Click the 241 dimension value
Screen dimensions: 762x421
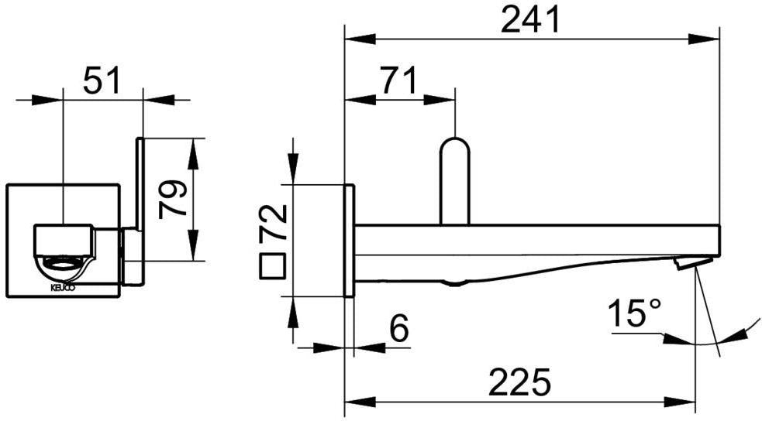click(531, 20)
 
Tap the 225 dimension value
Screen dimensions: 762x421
click(519, 382)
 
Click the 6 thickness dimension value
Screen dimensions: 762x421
click(399, 328)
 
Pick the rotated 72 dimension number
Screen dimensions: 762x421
click(273, 223)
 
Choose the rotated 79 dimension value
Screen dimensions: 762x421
click(173, 200)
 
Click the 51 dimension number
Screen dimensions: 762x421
click(101, 80)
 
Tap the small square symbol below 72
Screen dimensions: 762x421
click(273, 265)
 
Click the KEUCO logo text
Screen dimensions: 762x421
click(63, 288)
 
